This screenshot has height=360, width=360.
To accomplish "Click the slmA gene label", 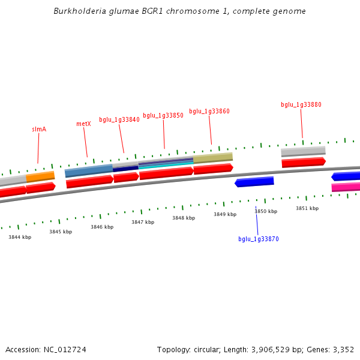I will click(39, 130).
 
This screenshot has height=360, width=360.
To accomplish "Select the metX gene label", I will click(83, 124).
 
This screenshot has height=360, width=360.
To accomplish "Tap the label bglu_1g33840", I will click(119, 120).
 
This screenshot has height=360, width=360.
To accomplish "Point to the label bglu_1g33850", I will click(163, 116).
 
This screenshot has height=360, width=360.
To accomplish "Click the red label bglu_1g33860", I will click(209, 112).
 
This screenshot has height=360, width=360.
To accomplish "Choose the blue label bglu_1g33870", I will click(259, 239).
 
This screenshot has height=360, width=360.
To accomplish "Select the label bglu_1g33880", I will click(301, 105).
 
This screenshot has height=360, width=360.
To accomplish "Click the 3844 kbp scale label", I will click(20, 238).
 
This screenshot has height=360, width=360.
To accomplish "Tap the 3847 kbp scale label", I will click(143, 223).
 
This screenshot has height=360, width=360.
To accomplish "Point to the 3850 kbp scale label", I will click(266, 212).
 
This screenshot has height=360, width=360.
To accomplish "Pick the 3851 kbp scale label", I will click(307, 209).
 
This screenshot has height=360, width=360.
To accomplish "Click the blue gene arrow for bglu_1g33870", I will click(254, 182).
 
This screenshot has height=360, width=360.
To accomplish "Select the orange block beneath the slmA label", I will click(40, 176).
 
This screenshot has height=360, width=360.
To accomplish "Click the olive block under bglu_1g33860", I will click(213, 158).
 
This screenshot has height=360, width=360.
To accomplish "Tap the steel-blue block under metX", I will click(89, 171).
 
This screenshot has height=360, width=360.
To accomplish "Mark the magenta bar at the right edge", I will click(346, 187).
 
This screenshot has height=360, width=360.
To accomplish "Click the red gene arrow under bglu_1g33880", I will click(304, 162).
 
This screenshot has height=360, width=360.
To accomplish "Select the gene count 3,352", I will click(343, 350).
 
